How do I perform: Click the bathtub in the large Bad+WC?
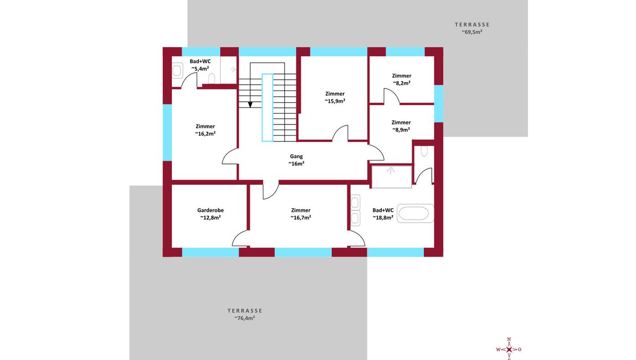point(415,213)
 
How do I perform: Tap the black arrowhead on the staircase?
point(250,105)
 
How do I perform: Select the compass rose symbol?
point(509,349)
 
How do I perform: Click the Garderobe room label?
point(210,210)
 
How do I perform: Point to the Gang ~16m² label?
point(296,160)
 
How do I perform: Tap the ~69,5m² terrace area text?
point(472,32)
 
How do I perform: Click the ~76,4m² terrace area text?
point(244,318)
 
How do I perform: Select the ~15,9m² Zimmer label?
point(335,97)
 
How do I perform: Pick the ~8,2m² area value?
point(402,83)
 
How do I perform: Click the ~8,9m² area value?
point(401,130)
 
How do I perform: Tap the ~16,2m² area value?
point(205,134)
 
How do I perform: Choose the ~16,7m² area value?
point(301,218)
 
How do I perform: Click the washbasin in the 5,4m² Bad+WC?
point(177,70)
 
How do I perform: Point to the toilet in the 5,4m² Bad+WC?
point(212,79)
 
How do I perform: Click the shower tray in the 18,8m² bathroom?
point(392,176)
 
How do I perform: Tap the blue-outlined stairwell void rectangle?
point(268,107)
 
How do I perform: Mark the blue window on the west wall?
point(167,133)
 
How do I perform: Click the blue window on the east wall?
point(439,104)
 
